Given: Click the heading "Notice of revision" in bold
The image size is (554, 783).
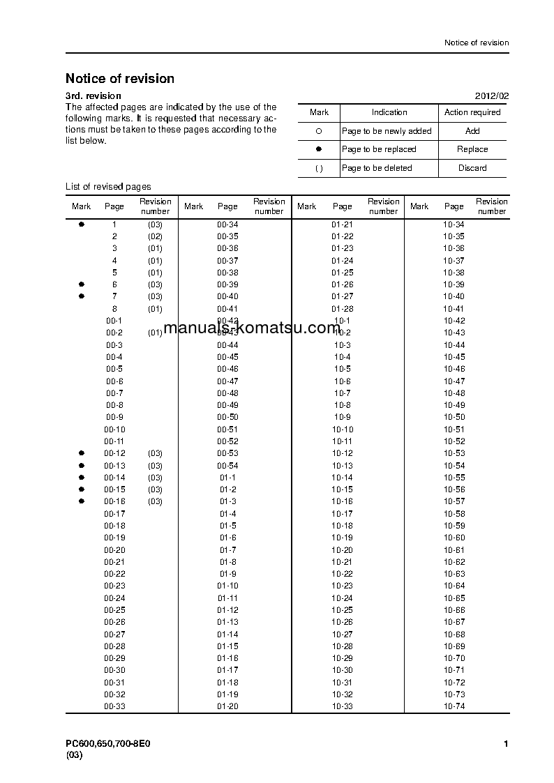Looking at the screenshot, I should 120,79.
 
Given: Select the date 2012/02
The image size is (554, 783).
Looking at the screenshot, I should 492,96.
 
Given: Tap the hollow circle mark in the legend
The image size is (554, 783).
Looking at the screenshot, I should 319,131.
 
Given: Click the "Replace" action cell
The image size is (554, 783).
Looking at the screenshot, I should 472,149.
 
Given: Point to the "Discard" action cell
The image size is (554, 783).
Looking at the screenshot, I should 472,168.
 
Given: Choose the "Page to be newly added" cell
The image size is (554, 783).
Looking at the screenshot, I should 387,131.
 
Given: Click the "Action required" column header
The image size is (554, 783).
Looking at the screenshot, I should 472,112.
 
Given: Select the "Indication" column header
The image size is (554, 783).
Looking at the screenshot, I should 389,112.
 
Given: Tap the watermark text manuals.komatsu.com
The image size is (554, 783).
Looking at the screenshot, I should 252,328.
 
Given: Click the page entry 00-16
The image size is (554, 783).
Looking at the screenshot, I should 115,501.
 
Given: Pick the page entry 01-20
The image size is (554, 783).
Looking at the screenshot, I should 227,706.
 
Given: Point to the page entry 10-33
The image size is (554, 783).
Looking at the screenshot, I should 342,706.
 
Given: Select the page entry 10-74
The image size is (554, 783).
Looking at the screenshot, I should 454,706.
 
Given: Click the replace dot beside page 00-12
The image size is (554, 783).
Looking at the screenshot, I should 82,453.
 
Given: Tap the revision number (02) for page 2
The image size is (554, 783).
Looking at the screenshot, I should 155,237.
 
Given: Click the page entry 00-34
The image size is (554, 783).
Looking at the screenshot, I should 227,225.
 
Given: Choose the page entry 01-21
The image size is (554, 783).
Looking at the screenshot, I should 342,225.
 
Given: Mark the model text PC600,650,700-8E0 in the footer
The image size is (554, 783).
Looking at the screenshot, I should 108,744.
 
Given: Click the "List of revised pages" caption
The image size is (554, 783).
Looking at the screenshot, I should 108,187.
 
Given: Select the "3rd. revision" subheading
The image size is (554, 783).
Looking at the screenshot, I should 93,96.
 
